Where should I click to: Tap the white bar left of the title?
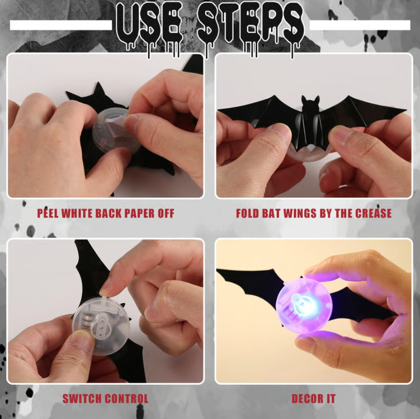[x=60, y=25]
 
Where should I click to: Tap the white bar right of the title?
[x=360, y=25]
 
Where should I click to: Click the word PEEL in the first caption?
[x=51, y=213]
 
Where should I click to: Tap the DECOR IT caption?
[x=313, y=399]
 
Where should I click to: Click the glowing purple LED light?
[x=304, y=303]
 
